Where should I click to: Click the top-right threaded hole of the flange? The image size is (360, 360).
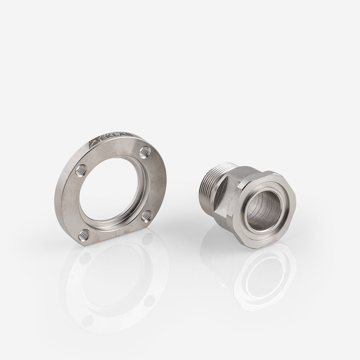point(144,152)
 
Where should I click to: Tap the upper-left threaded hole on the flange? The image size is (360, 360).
point(81,170)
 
